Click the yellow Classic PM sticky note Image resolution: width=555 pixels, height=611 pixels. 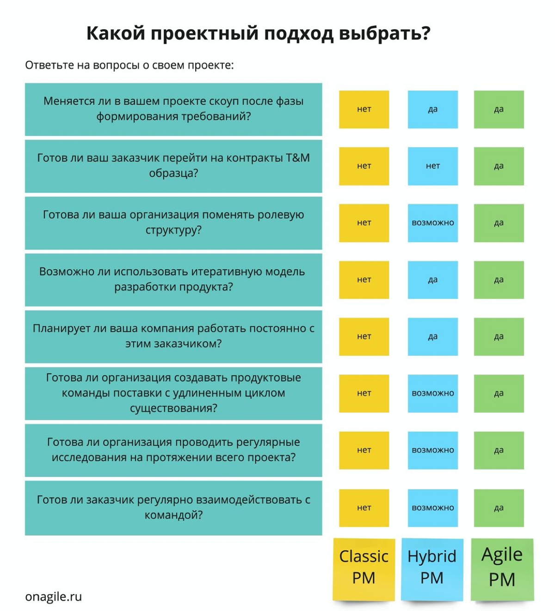[364, 569]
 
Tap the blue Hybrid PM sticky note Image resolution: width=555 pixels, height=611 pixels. [432, 569]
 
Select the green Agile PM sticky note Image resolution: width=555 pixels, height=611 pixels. [502, 569]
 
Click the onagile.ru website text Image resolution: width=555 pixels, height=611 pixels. [54, 596]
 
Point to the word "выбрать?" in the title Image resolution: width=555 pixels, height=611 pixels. [384, 33]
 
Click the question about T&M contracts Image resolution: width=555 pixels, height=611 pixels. [173, 166]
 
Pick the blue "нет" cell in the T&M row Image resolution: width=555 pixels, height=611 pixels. [432, 166]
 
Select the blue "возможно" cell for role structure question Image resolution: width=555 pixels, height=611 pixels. [432, 223]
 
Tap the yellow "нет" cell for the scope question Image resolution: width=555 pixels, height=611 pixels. [364, 109]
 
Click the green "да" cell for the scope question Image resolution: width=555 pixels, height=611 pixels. [499, 109]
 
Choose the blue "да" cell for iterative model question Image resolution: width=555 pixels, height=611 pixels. [432, 280]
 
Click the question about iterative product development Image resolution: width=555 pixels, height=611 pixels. [173, 280]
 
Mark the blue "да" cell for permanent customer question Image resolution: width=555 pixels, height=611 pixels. [432, 337]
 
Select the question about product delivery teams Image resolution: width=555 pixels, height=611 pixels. [173, 393]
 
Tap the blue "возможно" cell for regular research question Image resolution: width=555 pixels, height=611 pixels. [432, 450]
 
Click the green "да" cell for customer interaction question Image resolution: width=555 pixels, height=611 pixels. [499, 508]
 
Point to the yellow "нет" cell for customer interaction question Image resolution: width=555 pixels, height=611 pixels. [364, 508]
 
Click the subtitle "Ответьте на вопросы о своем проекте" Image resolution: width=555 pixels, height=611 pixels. [129, 65]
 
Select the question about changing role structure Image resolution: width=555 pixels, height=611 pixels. [173, 223]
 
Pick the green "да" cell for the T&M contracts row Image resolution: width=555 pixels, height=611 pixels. [499, 166]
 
